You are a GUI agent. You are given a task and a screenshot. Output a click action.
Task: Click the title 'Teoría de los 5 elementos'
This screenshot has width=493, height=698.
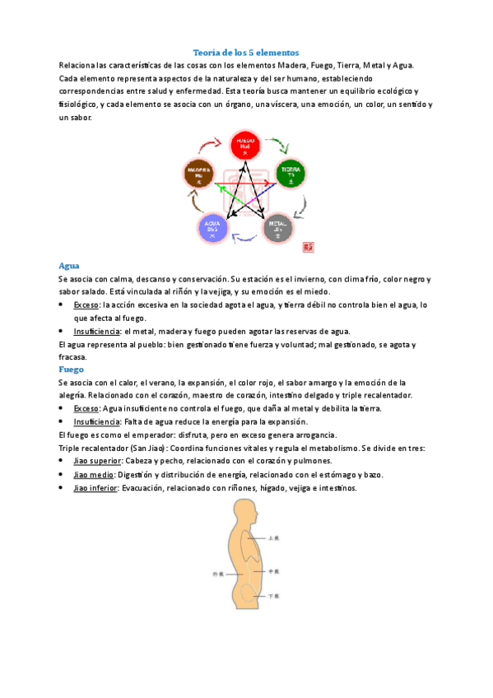pyautogui.click(x=245, y=52)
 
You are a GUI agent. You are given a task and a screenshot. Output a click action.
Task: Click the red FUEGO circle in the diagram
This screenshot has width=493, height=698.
pyautogui.click(x=244, y=145)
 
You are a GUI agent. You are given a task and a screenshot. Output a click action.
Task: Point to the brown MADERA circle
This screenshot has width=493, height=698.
pyautogui.click(x=198, y=174)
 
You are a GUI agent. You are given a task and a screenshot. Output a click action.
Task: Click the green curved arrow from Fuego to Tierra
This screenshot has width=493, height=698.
pyautogui.click(x=279, y=146)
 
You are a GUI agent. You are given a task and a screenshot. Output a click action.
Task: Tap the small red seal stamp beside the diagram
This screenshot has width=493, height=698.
pyautogui.click(x=309, y=245)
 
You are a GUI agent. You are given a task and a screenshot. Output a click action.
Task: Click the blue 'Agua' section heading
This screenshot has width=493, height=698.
pyautogui.click(x=69, y=266)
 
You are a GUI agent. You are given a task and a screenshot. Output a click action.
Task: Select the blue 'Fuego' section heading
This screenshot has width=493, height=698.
pyautogui.click(x=72, y=370)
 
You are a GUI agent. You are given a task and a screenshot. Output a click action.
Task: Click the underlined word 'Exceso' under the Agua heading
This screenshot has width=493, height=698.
pyautogui.click(x=86, y=305)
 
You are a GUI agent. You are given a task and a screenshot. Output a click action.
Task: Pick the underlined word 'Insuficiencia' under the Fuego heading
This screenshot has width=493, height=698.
pyautogui.click(x=96, y=421)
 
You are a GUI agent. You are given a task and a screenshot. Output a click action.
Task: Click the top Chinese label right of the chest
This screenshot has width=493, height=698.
pyautogui.click(x=275, y=537)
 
